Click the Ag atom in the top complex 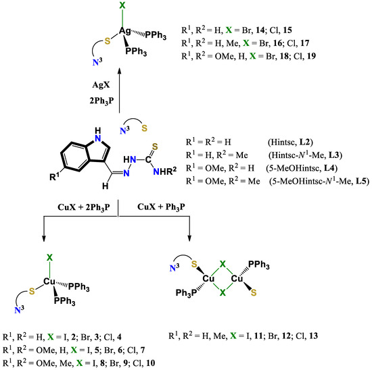point(124,30)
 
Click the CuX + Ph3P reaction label point(161,204)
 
